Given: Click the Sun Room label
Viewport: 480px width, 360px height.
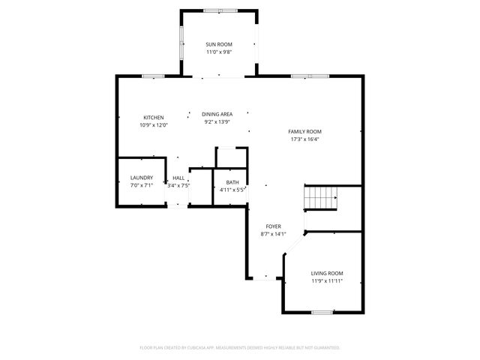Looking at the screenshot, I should coord(219,45).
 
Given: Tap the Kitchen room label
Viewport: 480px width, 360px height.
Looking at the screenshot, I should coord(154,118).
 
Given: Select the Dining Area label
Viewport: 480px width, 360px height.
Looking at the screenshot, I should coord(217,114).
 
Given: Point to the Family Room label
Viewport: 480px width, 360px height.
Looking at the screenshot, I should coord(304,131).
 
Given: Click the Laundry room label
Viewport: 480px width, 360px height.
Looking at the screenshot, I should coord(142,178).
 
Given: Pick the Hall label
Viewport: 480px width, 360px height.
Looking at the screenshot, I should coord(178,178).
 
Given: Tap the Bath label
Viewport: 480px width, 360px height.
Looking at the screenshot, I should coord(232,182).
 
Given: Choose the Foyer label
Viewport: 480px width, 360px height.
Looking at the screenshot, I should coord(274,226).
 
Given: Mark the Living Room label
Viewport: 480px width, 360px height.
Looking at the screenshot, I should coord(327,273).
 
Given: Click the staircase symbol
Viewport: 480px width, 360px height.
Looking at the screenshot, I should coord(320,199).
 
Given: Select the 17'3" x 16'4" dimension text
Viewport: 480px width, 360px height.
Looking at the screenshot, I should coord(304,139).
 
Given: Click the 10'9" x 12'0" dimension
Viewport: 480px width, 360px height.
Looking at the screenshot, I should coord(154,125).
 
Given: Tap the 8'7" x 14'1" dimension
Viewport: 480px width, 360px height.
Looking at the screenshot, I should coord(274,234).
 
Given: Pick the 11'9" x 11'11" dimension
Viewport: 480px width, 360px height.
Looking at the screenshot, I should coord(327,281).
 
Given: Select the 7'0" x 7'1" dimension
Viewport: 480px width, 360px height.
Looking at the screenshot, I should coord(142,185).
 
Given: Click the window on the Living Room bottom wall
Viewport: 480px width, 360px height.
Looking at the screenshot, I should coord(322,311).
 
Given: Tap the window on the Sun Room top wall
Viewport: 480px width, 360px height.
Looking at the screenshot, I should coord(218,10).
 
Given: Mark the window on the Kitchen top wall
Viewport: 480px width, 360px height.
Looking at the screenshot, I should coord(154,76).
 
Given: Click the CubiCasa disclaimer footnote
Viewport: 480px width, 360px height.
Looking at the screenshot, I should coord(240,348).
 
